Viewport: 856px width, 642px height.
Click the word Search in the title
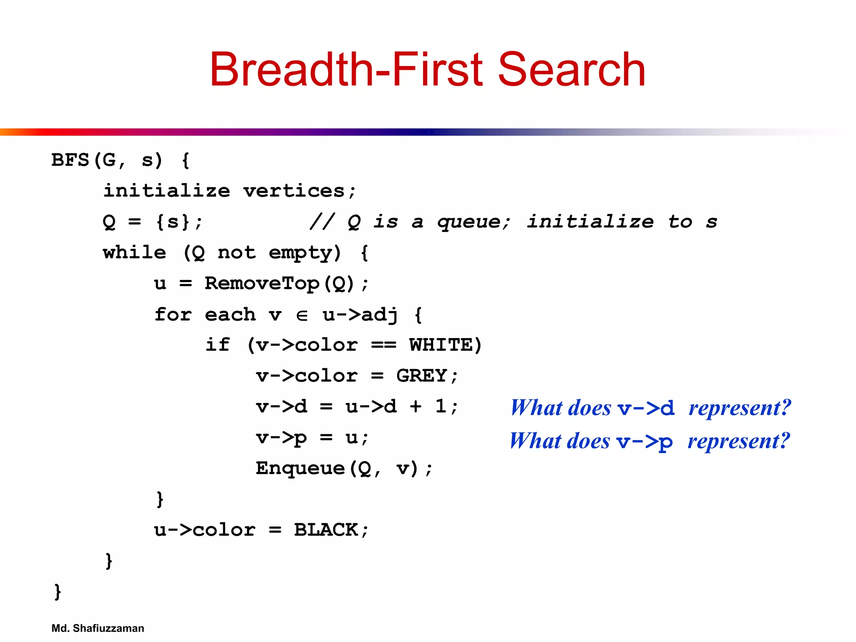572,69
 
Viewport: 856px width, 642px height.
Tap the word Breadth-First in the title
346,69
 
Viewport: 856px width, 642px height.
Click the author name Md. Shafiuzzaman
97,628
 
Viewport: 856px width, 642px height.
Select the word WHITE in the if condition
441,345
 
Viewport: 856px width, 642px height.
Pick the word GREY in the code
421,376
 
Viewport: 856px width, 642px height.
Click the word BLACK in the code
326,530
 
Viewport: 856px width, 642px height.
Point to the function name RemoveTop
262,284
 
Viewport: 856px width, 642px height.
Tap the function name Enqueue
300,468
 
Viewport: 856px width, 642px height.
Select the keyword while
134,253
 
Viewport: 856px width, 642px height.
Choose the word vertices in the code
294,191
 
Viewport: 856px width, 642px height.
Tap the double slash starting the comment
322,222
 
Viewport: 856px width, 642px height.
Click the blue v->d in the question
646,408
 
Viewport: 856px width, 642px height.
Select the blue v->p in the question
645,442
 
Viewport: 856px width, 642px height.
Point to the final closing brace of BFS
58,591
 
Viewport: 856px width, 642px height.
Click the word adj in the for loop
379,315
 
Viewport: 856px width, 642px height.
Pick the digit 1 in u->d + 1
440,406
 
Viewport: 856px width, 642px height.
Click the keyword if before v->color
217,345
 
